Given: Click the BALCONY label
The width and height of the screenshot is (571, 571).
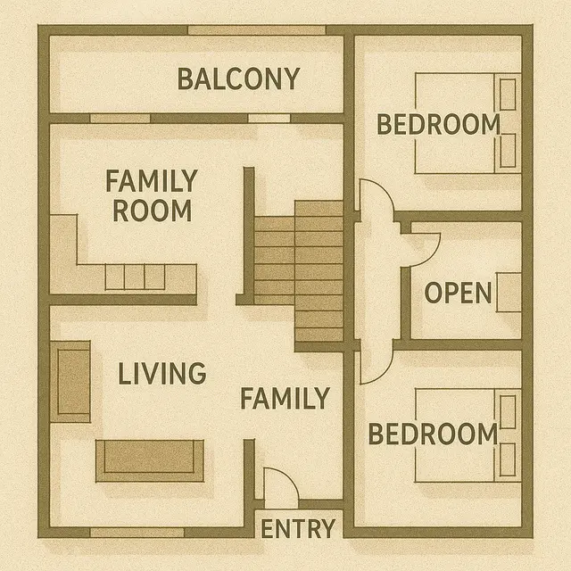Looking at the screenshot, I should tap(238, 79).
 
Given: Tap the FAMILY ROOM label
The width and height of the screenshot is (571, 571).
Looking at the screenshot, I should tap(150, 196).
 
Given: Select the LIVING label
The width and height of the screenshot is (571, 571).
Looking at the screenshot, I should tap(161, 373).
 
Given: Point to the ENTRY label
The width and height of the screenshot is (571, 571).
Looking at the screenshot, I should tap(298, 528).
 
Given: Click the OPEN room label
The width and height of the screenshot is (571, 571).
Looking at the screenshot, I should tap(458, 293).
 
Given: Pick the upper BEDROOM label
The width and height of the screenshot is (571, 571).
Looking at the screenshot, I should tap(437, 125).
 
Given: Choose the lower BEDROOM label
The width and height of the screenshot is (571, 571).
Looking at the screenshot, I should tap(433, 434).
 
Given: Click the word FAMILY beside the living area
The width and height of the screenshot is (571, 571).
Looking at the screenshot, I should tap(285, 398).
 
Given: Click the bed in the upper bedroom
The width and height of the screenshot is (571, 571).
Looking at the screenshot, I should tap(468, 123).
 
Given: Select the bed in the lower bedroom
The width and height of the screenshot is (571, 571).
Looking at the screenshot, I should tap(468, 435).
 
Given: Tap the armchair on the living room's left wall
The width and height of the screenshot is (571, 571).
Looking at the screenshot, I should tap(70, 382).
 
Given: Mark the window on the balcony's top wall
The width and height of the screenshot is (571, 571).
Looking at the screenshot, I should tap(257, 30).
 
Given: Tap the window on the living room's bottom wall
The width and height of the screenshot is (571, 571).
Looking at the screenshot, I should tap(137, 533).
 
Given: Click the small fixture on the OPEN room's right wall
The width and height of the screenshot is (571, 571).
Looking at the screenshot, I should tap(509, 293).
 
